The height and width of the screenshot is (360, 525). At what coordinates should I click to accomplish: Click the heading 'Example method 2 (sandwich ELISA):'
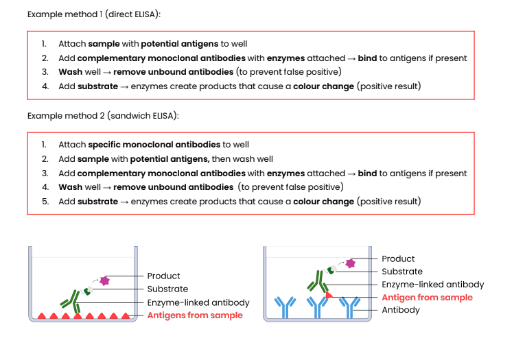coord(103,115)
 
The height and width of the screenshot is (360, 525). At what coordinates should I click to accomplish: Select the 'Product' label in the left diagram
coord(163,276)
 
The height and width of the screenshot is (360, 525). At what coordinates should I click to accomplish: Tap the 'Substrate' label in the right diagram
coord(401,272)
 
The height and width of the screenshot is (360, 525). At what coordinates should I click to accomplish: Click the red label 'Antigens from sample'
coord(195,315)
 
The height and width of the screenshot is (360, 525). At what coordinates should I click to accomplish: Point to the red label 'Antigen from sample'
coord(427,298)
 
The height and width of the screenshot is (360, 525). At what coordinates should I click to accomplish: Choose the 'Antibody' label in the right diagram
coord(400,310)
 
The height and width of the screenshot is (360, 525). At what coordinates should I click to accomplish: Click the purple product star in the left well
coord(105,280)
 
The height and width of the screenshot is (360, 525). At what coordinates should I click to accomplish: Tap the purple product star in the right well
coord(351,263)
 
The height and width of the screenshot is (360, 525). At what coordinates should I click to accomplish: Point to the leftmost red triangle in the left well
coord(40,316)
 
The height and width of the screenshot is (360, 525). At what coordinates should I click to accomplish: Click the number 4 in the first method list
coord(45,86)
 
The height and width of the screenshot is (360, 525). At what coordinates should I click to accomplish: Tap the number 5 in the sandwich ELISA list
coord(45,202)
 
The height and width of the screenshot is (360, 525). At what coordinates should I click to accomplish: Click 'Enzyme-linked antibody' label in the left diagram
coord(198,302)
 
